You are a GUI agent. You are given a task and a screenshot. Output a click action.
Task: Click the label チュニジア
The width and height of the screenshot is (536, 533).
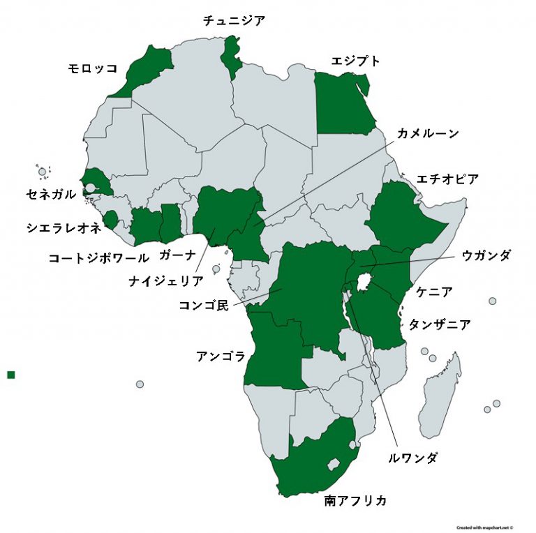pyautogui.click(x=234, y=21)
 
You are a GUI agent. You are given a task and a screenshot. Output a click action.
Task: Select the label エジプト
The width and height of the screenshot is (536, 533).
pyautogui.click(x=356, y=61)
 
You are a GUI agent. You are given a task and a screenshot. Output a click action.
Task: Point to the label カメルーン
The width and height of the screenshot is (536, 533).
pyautogui.click(x=428, y=133)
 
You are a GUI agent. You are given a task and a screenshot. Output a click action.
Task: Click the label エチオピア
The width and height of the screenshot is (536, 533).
pyautogui.click(x=447, y=179)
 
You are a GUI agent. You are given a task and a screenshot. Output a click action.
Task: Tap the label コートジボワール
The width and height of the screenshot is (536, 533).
pyautogui.click(x=98, y=257)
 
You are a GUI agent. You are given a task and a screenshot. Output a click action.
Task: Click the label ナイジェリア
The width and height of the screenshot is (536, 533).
pyautogui.click(x=166, y=280)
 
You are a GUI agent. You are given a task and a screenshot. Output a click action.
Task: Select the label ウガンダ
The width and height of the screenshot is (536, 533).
pyautogui.click(x=486, y=256)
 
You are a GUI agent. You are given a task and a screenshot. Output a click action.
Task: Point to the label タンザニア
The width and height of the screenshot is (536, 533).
pyautogui.click(x=439, y=324)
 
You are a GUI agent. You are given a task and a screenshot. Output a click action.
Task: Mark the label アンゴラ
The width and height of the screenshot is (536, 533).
pyautogui.click(x=221, y=356)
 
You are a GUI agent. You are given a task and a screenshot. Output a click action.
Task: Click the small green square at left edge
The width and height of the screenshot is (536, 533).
pyautogui.click(x=10, y=375)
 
